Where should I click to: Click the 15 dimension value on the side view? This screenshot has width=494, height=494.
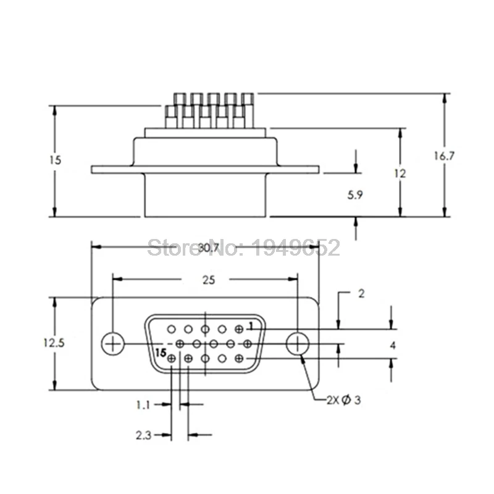pyautogui.click(x=55, y=159)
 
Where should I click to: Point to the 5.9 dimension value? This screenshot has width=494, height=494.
pyautogui.click(x=355, y=195)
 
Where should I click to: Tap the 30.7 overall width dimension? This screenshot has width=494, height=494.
pyautogui.click(x=209, y=248)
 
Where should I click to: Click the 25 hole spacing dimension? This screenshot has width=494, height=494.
pyautogui.click(x=208, y=280)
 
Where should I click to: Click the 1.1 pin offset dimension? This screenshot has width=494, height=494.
pyautogui.click(x=143, y=405)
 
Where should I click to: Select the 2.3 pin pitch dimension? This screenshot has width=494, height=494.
pyautogui.click(x=143, y=435)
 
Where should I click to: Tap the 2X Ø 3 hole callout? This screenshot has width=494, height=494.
pyautogui.click(x=343, y=400)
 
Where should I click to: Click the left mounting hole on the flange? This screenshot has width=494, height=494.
pyautogui.click(x=112, y=343)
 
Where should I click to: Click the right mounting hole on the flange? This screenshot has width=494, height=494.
pyautogui.click(x=298, y=343)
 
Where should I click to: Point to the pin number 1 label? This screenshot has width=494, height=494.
pyautogui.click(x=251, y=325)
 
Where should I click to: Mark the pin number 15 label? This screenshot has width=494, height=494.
pyautogui.click(x=161, y=353)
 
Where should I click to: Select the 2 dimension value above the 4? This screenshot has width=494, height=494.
pyautogui.click(x=361, y=294)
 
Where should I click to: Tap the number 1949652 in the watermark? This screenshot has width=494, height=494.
pyautogui.click(x=296, y=248)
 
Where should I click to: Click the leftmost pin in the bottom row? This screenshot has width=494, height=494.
pyautogui.click(x=172, y=359)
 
